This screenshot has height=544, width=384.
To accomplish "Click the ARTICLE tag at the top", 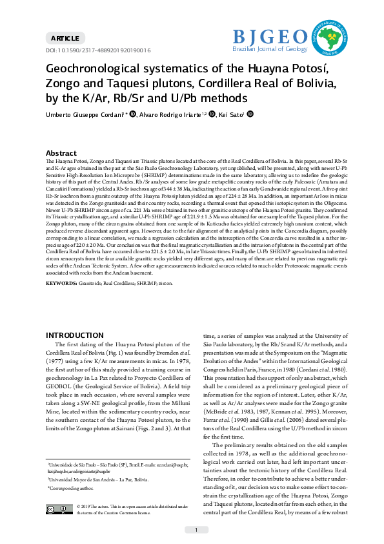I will pos(64,39).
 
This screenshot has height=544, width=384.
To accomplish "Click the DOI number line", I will pos(97,50).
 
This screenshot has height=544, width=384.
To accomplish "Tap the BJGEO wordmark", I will pos(270,36).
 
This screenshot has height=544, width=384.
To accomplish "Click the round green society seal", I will pos(330,36).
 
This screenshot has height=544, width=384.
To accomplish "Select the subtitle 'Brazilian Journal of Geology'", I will pos(270,48).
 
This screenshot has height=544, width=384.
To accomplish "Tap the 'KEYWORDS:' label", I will pos(61,282).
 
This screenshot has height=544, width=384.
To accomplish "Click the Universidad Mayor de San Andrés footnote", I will pos(98,480).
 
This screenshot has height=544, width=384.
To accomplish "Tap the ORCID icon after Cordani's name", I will pos(133,114).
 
